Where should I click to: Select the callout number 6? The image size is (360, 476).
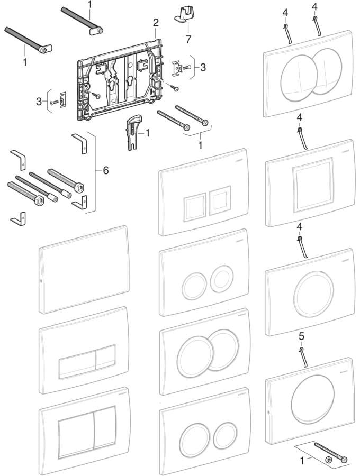(x=105, y=170)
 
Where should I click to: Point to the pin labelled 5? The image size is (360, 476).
(x=303, y=357)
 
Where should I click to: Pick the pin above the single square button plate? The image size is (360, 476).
(x=302, y=138)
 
